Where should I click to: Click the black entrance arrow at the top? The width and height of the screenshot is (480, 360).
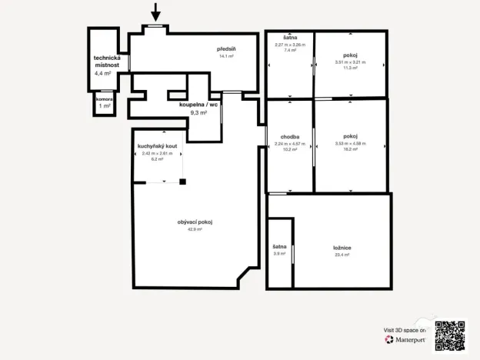point(156,12)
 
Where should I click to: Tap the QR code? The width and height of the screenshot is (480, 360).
point(450,335)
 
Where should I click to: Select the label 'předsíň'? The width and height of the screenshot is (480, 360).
point(226,48)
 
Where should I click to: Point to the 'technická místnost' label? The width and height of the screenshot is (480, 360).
point(108,62)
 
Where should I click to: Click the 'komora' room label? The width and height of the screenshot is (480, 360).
point(104,99)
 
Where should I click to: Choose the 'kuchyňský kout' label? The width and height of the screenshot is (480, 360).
point(158,146)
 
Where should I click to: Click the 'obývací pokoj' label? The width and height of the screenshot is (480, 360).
point(195,222)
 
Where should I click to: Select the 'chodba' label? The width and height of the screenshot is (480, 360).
point(290,137)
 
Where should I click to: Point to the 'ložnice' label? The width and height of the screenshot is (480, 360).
point(342,248)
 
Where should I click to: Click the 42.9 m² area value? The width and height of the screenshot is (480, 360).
point(195,229)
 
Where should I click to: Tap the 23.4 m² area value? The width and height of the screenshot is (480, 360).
point(342,255)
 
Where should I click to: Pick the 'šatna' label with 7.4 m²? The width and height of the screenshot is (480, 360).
point(290,38)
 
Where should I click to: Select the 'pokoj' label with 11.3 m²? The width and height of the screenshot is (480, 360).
point(350,55)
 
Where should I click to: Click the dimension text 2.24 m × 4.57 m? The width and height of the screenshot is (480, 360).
point(290,144)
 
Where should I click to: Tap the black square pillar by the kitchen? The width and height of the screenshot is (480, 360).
point(183,182)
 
